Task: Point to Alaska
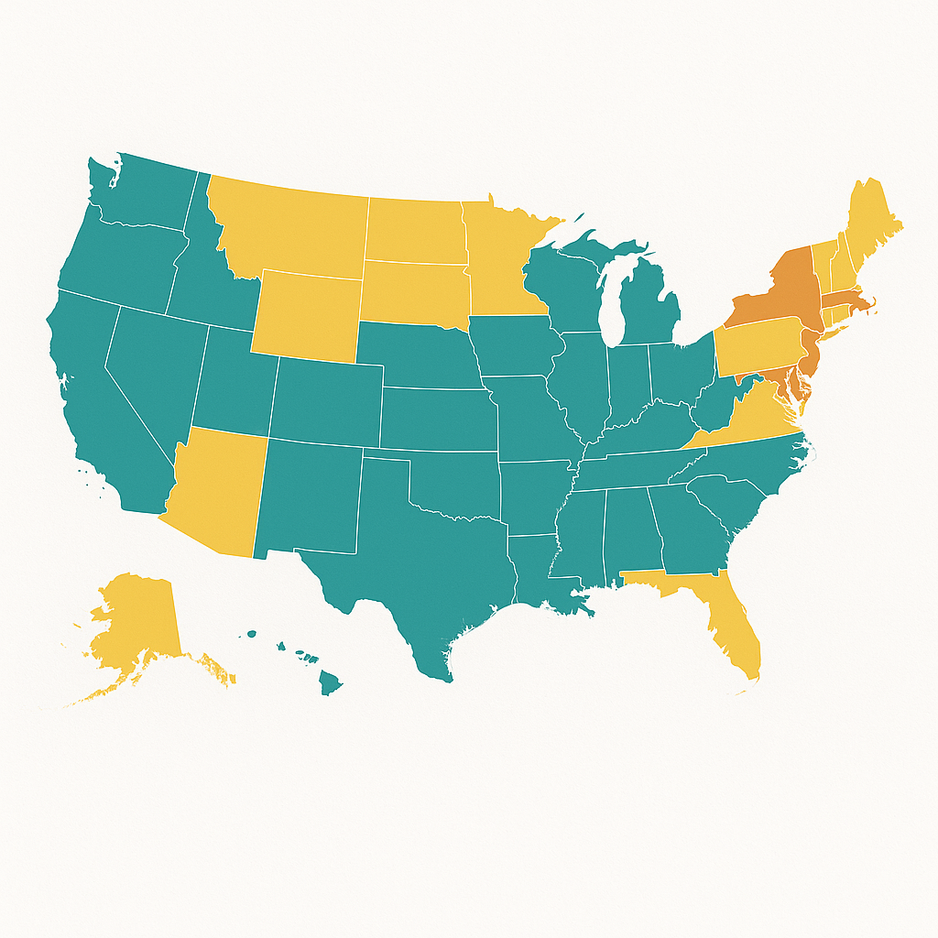137,623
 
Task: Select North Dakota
412,229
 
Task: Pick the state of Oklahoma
449,485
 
